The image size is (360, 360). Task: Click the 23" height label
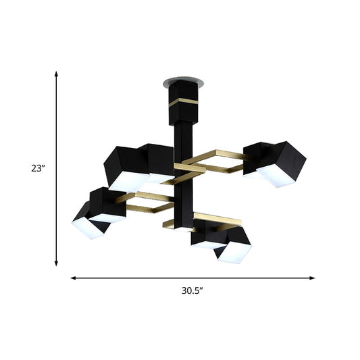pos(37,168)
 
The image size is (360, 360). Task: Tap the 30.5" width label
pos(192,292)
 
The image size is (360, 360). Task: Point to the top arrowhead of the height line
pos(57,73)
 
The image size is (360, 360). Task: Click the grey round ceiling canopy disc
pos(174,82)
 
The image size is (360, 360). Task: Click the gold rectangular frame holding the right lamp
pos(216,161)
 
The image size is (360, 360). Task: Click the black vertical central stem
pos(183,176)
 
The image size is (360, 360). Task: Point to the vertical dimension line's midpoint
pos(57,168)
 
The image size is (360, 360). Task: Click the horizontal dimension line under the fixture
pos(192,277)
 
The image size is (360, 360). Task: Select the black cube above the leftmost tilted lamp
pos(106,203)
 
